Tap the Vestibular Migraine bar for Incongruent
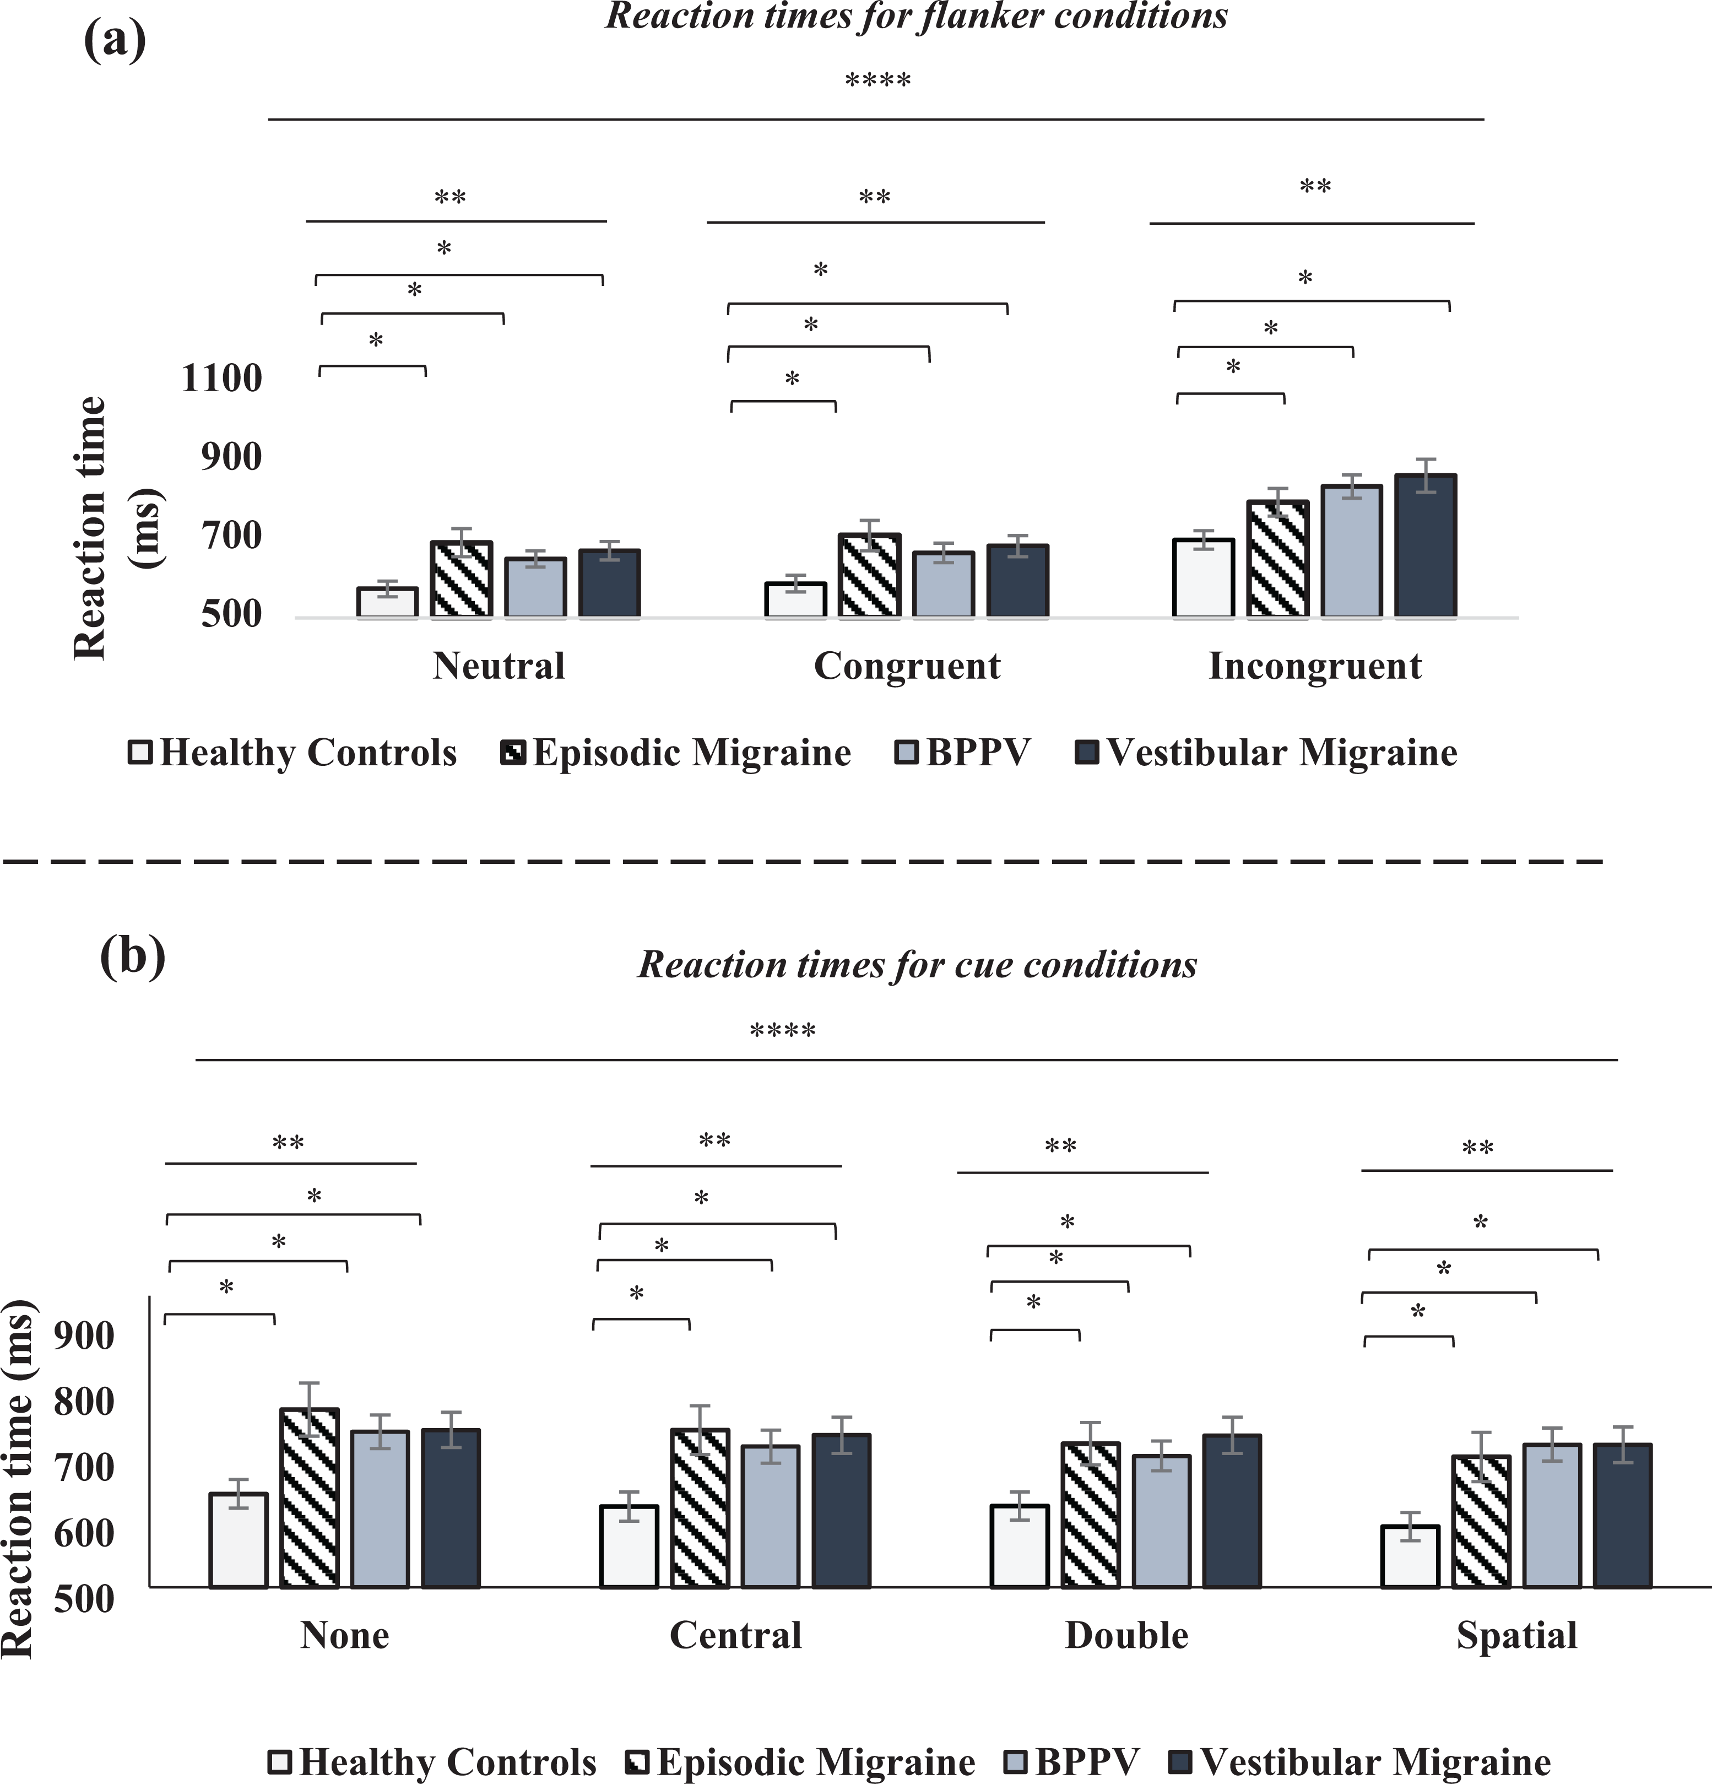pos(1426,546)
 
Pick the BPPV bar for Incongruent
pos(1352,552)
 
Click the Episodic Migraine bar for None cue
pos(310,1498)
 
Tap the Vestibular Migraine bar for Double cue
pos(1232,1511)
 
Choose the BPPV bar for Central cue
pos(771,1516)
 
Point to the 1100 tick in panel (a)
pos(222,378)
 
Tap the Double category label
pos(1127,1636)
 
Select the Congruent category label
pos(907,666)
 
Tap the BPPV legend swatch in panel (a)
pos(907,753)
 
